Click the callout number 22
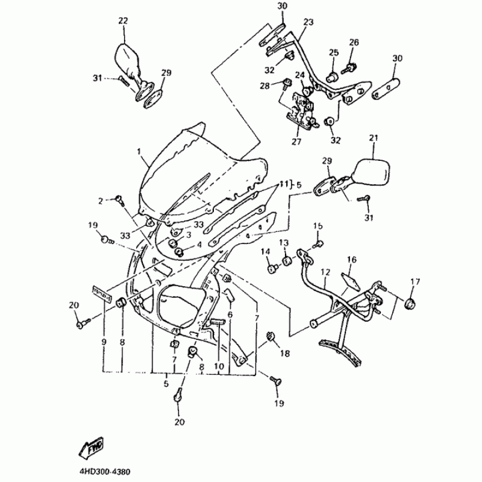pyautogui.click(x=123, y=20)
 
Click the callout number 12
pyautogui.click(x=325, y=272)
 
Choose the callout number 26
pyautogui.click(x=354, y=42)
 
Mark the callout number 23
pyautogui.click(x=308, y=21)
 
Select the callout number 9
pyautogui.click(x=104, y=342)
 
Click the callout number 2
pyautogui.click(x=102, y=200)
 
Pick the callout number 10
pyautogui.click(x=218, y=365)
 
